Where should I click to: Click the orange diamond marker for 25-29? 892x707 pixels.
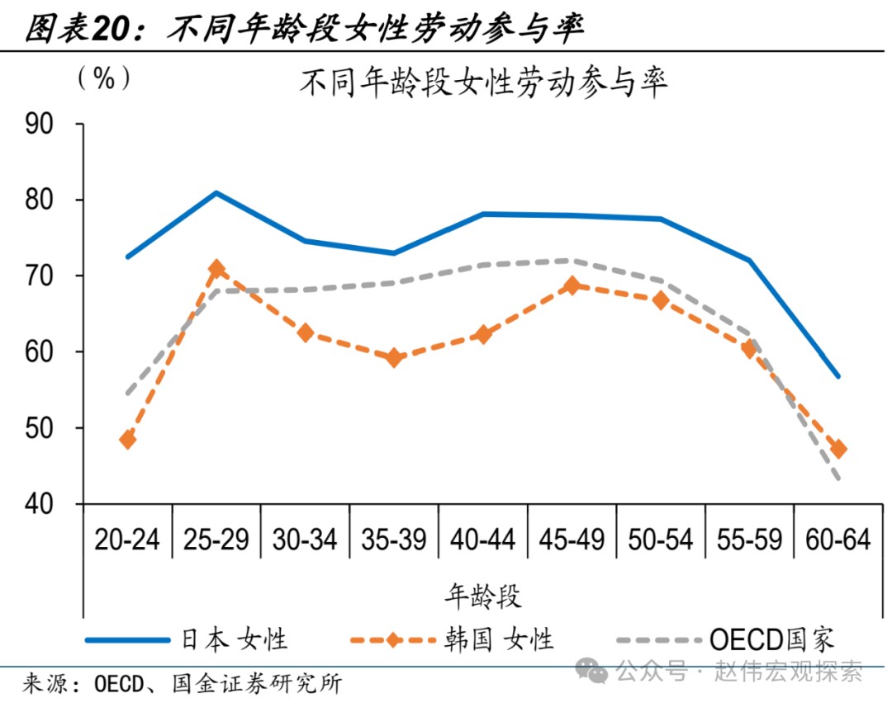coord(217,269)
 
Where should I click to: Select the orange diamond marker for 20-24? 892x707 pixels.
coord(127,440)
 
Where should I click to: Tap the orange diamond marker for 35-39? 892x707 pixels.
coord(394,358)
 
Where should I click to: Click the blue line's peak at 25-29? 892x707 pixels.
coord(216,193)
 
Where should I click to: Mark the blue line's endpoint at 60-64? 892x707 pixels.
coord(838,376)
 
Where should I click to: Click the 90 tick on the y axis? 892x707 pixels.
coord(40,125)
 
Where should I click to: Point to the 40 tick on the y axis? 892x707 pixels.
coord(40,504)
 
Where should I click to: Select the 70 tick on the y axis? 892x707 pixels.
coord(40,276)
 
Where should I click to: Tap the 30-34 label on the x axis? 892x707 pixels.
coord(306,540)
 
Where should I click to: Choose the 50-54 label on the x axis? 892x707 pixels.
coord(661,540)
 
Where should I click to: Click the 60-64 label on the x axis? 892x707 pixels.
coord(838,540)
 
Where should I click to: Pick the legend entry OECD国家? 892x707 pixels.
coord(772,639)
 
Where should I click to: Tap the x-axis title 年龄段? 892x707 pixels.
coord(483,595)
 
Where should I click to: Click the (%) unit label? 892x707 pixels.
coord(103,78)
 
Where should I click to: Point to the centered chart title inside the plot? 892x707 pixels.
coord(483,83)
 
